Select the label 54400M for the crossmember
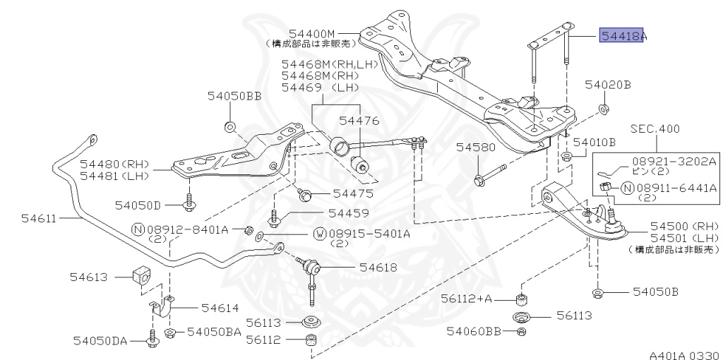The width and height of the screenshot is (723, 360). point(311,33)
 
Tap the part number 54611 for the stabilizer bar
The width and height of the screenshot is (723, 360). point(38,218)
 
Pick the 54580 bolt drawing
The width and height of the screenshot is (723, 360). point(490,174)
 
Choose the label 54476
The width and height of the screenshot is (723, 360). point(359,121)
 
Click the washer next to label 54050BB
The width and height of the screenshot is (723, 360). point(230,126)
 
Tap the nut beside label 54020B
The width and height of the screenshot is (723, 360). point(602,109)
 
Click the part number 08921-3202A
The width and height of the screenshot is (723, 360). point(669,161)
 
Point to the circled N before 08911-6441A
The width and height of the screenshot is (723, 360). point(627,188)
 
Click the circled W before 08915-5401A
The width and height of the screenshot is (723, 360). point(320,234)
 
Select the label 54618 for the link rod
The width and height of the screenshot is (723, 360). point(378,267)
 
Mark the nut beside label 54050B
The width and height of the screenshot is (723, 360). point(597,292)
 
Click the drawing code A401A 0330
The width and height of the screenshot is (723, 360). point(685,355)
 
